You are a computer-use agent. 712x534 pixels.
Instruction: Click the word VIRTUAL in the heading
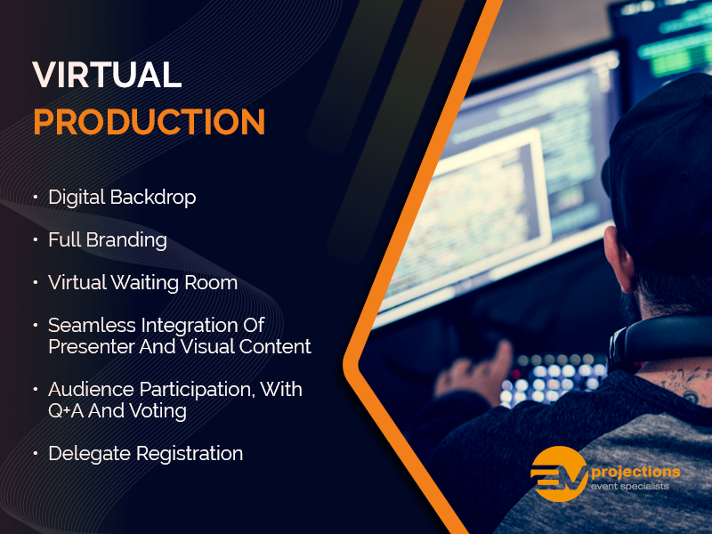[x=107, y=75]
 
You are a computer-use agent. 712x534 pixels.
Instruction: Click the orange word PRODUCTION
[x=149, y=122]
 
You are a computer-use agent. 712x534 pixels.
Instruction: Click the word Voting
[x=162, y=410]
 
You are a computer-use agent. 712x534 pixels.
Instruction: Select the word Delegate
[x=88, y=454]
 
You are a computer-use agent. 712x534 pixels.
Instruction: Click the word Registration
[x=189, y=454]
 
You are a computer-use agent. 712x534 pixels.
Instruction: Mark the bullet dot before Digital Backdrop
[x=36, y=198]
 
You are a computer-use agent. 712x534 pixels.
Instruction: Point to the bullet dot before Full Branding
[x=36, y=240]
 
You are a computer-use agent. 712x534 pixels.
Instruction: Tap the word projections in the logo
[x=634, y=471]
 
